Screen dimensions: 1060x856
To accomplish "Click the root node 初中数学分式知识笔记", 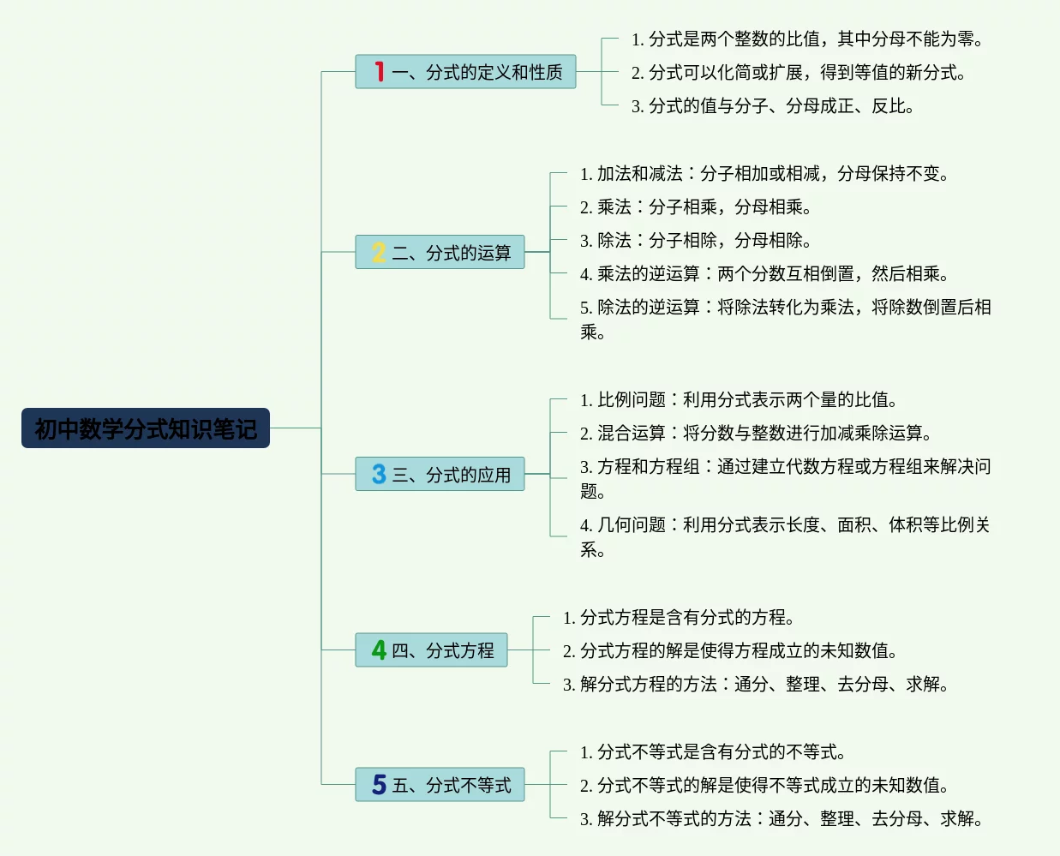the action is (x=146, y=428).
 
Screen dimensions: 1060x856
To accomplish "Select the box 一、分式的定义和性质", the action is (x=465, y=72).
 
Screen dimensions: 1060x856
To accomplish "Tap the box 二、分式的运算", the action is (x=440, y=253).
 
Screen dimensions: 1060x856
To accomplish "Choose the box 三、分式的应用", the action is (x=440, y=474).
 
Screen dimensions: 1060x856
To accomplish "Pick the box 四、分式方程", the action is (x=431, y=650).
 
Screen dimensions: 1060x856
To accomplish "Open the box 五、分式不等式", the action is (x=440, y=785).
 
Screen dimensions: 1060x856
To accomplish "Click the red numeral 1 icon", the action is (x=379, y=71).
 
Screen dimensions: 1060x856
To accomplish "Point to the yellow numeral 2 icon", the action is (x=379, y=253).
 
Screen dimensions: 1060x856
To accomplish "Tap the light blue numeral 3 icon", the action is (x=379, y=474).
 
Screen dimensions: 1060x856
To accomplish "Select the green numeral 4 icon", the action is (x=379, y=650).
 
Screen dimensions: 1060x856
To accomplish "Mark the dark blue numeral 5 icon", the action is (x=379, y=785).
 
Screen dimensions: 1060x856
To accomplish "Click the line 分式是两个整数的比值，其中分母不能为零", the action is (x=807, y=39).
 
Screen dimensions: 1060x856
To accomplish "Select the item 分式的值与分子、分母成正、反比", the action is (x=773, y=106).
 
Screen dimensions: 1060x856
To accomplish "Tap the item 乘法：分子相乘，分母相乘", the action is (x=696, y=207).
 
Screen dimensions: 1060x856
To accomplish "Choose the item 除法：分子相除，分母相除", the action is (x=696, y=241).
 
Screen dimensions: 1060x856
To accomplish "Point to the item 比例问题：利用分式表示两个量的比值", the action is (x=739, y=400).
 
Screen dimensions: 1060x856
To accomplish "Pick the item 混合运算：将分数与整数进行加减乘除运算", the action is (x=756, y=434).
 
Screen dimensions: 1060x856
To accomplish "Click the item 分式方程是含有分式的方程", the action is (x=679, y=618).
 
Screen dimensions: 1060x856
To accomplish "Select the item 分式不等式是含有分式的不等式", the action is (x=713, y=752).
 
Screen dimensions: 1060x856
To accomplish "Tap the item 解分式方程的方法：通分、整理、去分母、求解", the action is (x=756, y=685).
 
